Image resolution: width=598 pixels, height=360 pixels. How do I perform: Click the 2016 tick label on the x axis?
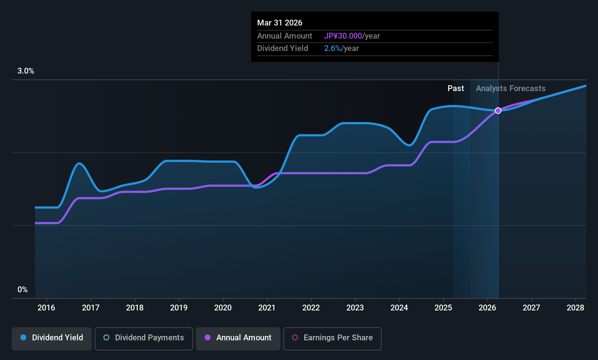(x=46, y=308)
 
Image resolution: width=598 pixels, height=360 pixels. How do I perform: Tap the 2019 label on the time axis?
(x=179, y=308)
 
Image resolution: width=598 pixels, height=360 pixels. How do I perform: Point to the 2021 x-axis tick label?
(x=267, y=308)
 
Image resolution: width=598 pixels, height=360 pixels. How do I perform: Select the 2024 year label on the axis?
(x=399, y=308)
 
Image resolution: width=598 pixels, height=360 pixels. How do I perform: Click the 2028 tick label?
(x=575, y=308)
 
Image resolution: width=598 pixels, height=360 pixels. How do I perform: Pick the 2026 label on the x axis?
(x=487, y=308)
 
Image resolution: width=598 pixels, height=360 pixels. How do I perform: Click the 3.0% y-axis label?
(x=26, y=71)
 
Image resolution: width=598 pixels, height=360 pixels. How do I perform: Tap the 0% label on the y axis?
(x=23, y=290)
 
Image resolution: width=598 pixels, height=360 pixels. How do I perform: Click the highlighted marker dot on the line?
(x=498, y=111)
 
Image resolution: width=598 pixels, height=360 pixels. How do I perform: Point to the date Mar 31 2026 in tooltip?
(x=280, y=23)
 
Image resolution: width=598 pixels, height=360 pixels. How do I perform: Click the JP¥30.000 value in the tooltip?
(x=343, y=36)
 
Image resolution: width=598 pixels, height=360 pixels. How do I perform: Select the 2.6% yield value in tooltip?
(x=333, y=48)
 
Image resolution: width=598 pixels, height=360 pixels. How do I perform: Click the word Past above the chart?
(x=456, y=89)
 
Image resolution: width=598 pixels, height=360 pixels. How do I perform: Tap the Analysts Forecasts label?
(x=511, y=89)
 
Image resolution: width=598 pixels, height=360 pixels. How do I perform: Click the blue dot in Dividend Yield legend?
(x=23, y=338)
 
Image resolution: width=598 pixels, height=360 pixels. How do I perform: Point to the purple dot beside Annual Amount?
(x=208, y=338)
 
